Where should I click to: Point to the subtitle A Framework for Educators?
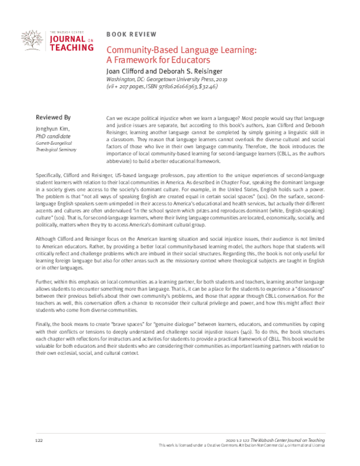(157, 61)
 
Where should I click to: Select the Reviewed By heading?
(53, 101)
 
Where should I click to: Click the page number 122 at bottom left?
(40, 441)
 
